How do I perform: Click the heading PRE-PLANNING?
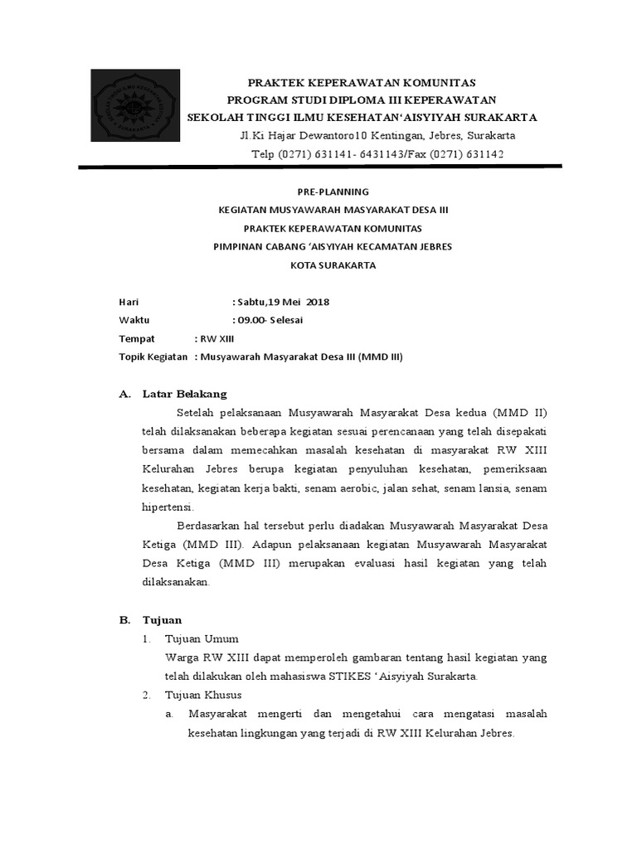333,192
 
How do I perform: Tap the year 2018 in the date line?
318,302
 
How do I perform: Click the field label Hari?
128,302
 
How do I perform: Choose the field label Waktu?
134,320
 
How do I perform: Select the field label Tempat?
137,338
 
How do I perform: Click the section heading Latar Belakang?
184,394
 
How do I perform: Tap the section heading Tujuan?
162,620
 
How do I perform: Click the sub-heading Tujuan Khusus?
203,695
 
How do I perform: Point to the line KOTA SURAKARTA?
333,265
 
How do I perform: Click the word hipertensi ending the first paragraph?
168,507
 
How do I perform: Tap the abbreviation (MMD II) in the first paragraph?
520,413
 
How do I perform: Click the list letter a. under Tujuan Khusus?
168,714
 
